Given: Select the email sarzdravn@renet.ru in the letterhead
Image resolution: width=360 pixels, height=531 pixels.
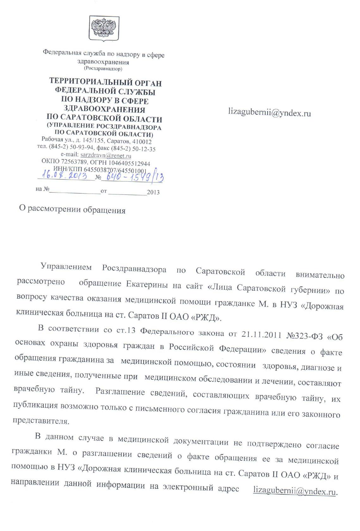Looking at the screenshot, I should (x=106, y=156).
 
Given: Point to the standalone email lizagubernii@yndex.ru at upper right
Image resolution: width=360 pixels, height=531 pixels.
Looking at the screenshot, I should (x=270, y=113).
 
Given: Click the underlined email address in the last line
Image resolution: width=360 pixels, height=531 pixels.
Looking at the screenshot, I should (x=295, y=491).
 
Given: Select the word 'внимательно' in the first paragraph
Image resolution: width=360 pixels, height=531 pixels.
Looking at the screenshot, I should (x=320, y=275).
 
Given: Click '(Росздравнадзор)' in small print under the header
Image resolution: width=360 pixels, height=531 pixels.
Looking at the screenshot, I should (x=103, y=69).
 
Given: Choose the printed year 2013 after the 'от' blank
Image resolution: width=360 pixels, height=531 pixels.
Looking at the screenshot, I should (x=153, y=192).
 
